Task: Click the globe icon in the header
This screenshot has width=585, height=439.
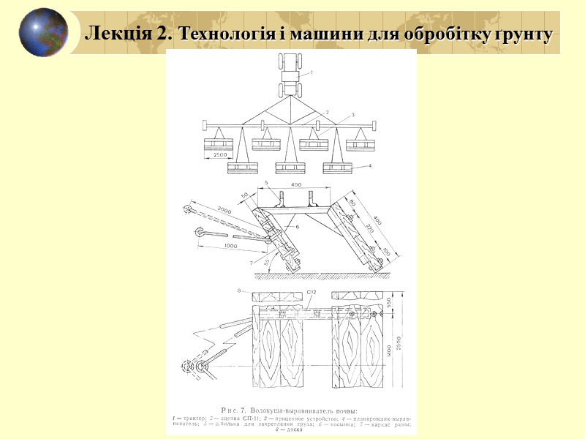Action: (43, 32)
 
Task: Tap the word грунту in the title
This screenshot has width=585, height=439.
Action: (524, 34)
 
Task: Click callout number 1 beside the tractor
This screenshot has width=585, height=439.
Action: (312, 72)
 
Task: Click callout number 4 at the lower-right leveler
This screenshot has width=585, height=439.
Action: (371, 167)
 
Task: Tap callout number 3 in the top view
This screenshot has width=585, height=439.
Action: (352, 115)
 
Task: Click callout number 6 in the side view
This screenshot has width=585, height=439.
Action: (298, 228)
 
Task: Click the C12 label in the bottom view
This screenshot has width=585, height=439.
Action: (311, 293)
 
